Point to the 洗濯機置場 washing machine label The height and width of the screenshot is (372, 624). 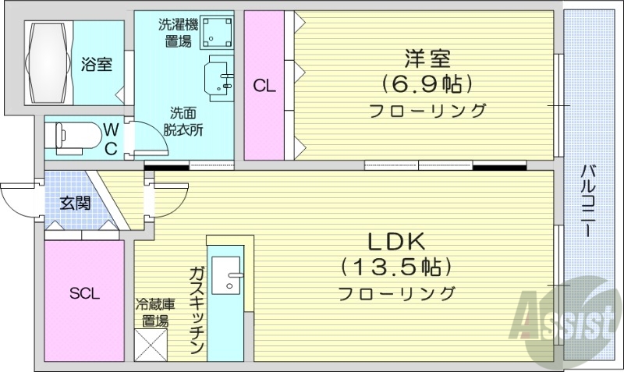click(x=178, y=33)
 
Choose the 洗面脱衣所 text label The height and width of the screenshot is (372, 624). click(x=183, y=122)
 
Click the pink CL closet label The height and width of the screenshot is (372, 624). click(x=264, y=87)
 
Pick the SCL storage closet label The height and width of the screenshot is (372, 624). click(x=84, y=293)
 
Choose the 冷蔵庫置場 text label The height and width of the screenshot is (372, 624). click(x=151, y=312)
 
